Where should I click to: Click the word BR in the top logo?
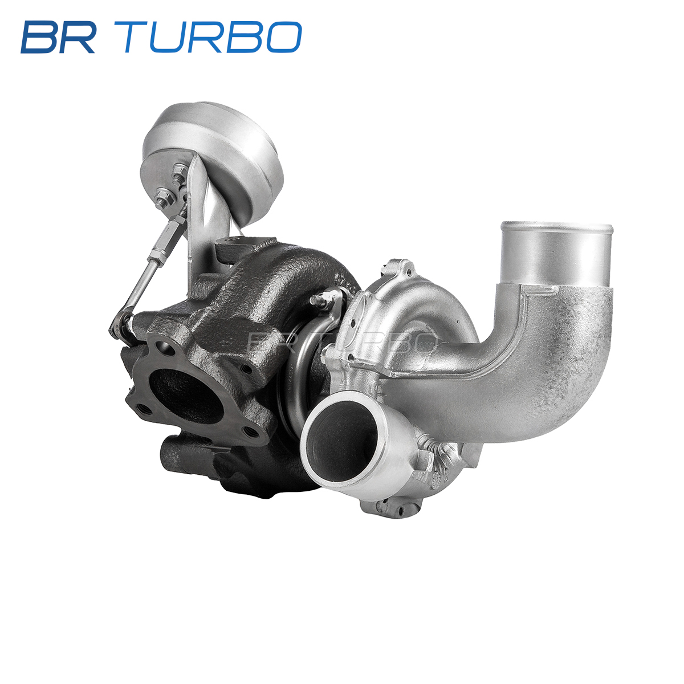58,37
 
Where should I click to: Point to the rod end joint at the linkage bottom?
121,326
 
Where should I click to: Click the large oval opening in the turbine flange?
186,396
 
